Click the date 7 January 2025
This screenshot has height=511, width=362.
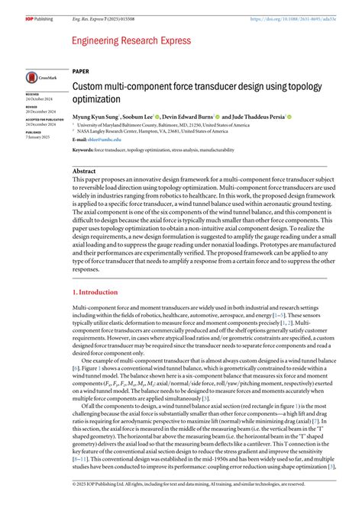pos(37,137)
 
